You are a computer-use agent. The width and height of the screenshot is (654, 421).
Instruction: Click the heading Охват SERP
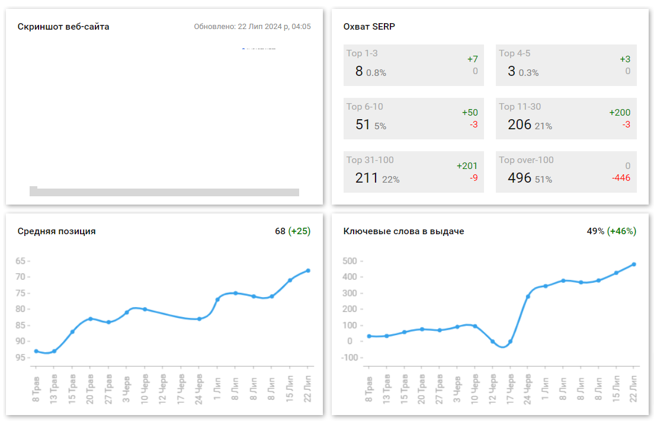click(x=369, y=27)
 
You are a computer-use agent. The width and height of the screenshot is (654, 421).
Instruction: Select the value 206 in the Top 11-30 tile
click(x=520, y=125)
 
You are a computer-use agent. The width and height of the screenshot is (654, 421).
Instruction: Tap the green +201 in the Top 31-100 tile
click(x=467, y=166)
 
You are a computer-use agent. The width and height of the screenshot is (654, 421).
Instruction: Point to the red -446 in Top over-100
click(x=621, y=178)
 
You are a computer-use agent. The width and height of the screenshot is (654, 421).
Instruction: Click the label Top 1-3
click(x=362, y=53)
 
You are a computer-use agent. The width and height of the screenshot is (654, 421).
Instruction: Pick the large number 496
click(x=520, y=178)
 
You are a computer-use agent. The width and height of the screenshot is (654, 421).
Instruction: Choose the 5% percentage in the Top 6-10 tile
click(x=380, y=126)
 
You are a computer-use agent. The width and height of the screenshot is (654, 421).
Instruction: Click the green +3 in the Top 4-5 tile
click(x=625, y=59)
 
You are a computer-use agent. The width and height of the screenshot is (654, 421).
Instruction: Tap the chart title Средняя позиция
click(x=56, y=231)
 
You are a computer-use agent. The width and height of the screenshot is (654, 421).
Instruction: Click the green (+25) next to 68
click(x=299, y=231)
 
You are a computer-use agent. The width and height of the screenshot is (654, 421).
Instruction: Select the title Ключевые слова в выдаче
click(x=403, y=231)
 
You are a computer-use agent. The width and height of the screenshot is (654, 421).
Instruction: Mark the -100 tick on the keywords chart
click(x=350, y=358)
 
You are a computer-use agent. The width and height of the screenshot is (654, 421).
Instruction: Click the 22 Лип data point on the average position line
click(x=308, y=270)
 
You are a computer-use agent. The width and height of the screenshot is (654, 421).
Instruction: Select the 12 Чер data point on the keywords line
click(x=492, y=342)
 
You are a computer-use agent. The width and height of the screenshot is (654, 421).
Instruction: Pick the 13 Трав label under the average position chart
click(x=54, y=388)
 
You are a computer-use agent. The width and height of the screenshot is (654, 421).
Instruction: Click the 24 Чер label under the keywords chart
click(x=528, y=388)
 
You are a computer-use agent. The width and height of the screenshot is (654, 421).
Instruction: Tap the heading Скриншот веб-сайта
click(x=63, y=27)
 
